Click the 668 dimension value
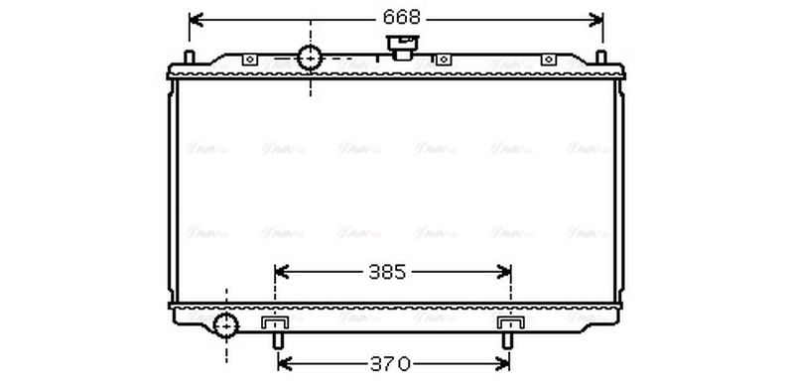pos(396,18)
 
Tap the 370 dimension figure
pos(390,364)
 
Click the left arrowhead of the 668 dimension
pos(195,18)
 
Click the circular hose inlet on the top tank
pos(311,59)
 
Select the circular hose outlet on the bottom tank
pos(226,324)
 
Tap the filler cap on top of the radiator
pos(405,46)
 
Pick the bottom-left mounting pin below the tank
pos(278,339)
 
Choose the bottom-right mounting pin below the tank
pos(507,339)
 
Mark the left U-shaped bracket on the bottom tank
pos(274,323)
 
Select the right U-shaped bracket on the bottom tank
pos(510,323)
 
